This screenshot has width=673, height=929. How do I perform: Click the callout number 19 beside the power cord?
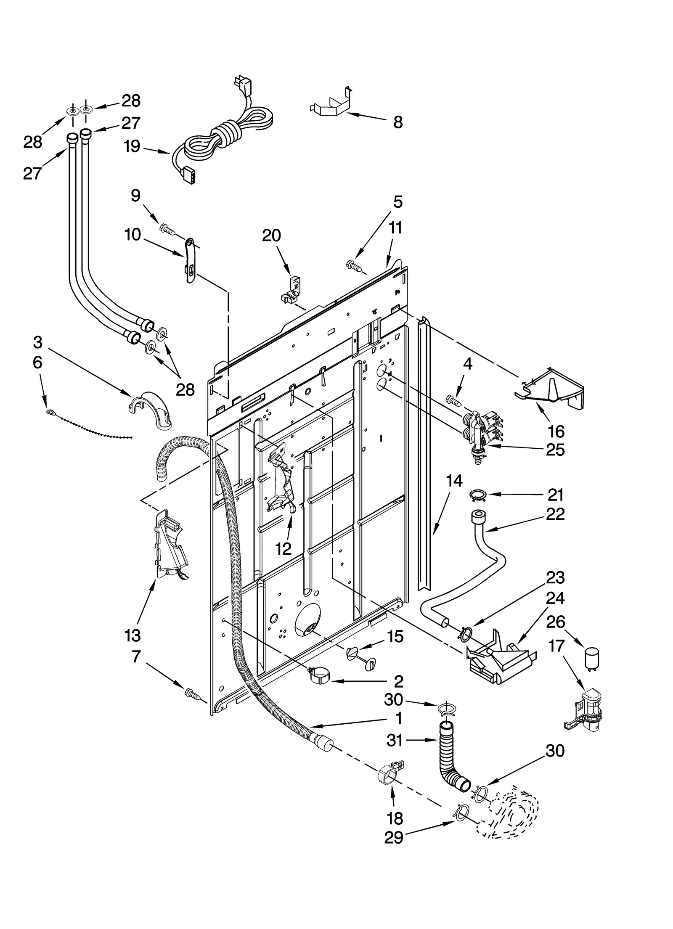[x=132, y=147]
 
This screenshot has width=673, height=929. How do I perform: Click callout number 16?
[x=556, y=431]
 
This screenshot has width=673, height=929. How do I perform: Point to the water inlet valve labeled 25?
[x=480, y=435]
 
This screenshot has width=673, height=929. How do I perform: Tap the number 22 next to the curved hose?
[x=555, y=514]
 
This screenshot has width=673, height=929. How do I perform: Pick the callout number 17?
[x=556, y=646]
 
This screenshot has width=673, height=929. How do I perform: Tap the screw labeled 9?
[x=168, y=230]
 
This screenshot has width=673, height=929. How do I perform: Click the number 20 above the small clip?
[x=271, y=236]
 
